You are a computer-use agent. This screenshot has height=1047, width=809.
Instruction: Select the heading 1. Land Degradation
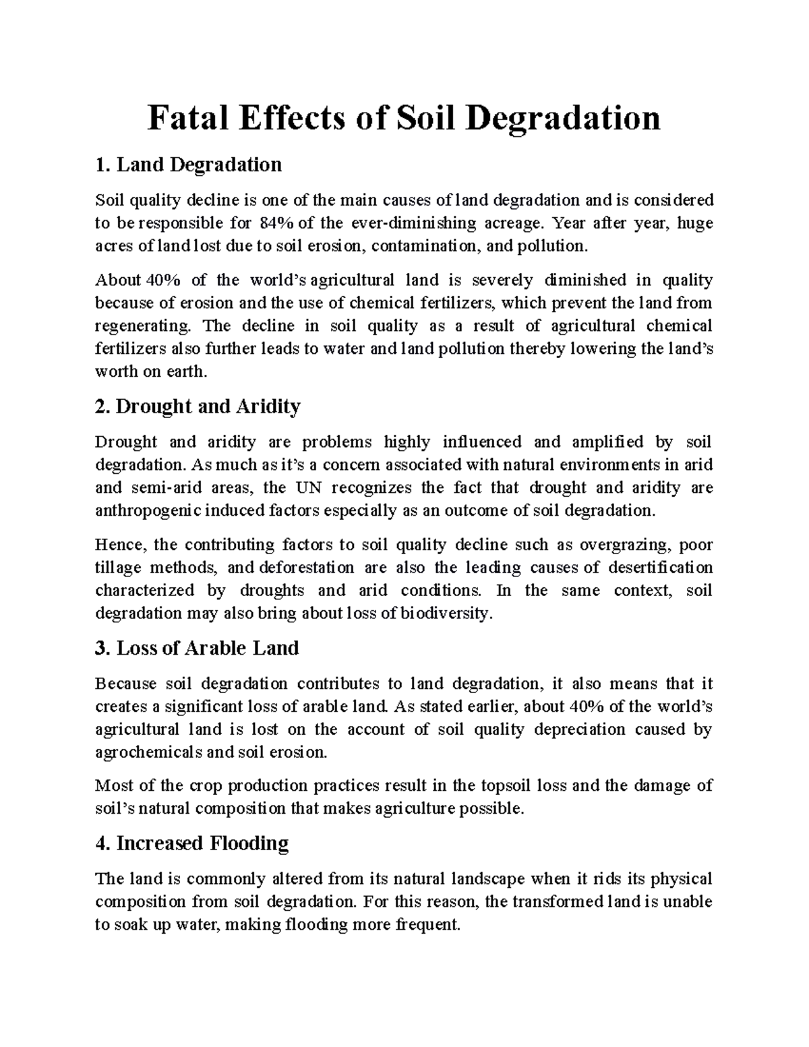tap(188, 164)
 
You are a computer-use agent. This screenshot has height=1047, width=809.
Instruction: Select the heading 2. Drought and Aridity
tap(198, 407)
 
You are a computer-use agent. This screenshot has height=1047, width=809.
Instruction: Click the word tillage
tap(118, 568)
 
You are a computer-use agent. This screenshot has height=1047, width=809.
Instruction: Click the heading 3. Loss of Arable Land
tap(197, 649)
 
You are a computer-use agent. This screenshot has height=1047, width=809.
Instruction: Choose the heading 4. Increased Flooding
tap(192, 843)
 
